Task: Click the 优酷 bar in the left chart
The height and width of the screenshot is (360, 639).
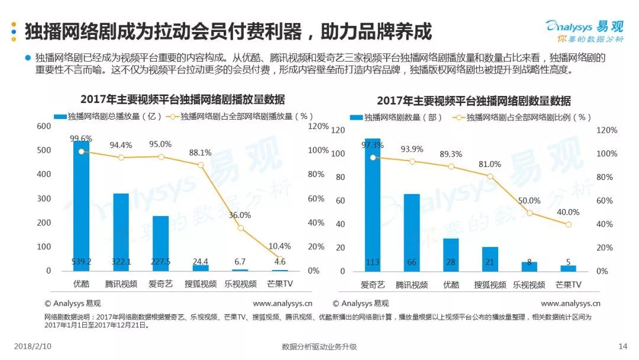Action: [x=81, y=207]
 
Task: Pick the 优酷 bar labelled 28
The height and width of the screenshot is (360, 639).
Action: [x=451, y=255]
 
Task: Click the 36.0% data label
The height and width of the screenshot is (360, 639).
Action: [x=240, y=216]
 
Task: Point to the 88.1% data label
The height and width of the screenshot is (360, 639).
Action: [x=200, y=152]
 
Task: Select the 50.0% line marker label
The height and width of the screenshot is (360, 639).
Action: [x=529, y=201]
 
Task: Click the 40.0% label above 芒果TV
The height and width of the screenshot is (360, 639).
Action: [x=568, y=212]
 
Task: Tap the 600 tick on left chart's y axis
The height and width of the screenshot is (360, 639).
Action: [x=44, y=126]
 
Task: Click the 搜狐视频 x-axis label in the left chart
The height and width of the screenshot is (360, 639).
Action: [x=200, y=284]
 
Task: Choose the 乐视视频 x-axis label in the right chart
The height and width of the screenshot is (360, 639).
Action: [x=529, y=285]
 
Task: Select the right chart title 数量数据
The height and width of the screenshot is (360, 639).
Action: [x=473, y=101]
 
